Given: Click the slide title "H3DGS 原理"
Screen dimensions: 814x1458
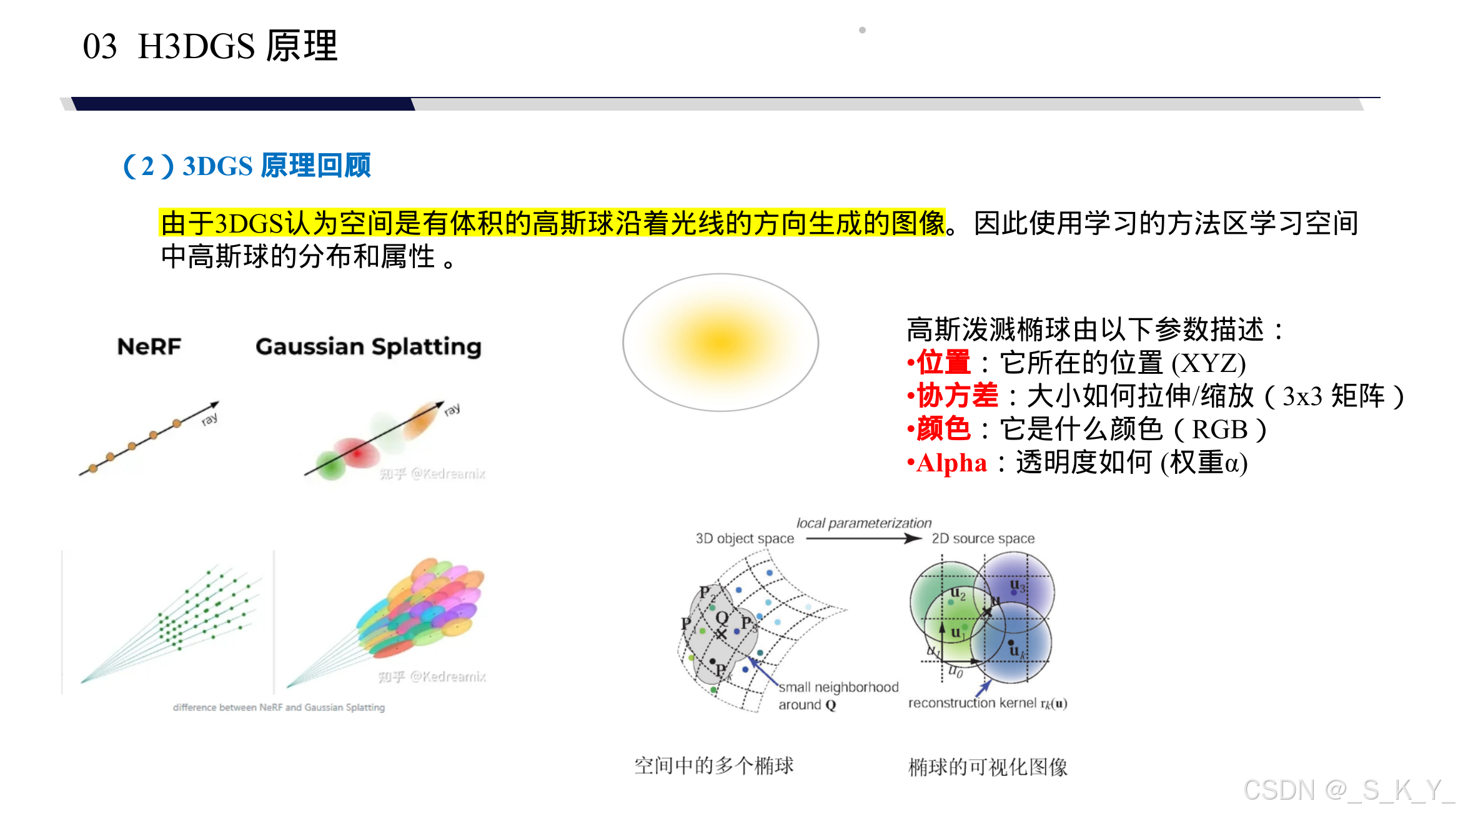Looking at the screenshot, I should (237, 46).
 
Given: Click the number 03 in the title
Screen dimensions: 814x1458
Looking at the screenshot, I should (100, 47).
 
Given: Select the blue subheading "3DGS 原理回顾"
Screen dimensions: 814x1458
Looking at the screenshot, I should (276, 166).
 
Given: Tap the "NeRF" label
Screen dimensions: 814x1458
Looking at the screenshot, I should (149, 346).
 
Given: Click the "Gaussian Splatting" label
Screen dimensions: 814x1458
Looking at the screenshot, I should (369, 347).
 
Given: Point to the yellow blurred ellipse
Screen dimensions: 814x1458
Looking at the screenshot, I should (720, 343).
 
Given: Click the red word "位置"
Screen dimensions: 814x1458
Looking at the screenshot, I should (943, 363).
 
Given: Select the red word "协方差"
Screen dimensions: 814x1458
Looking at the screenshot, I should (957, 396).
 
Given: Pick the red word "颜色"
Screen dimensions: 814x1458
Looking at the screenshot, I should (943, 430).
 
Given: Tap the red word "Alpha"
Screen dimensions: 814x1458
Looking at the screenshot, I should (951, 463).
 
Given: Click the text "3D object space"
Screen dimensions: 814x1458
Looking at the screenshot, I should (745, 539).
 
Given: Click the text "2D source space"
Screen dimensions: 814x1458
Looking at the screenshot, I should (983, 539).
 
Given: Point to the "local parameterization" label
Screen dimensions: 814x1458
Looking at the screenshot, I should (863, 523).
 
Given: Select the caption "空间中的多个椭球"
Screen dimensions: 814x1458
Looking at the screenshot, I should (713, 765).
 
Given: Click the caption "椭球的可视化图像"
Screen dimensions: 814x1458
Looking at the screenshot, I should (988, 767).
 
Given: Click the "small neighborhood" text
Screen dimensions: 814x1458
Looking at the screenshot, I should (838, 688).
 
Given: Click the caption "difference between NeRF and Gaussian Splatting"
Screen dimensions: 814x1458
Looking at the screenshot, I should (279, 708).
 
